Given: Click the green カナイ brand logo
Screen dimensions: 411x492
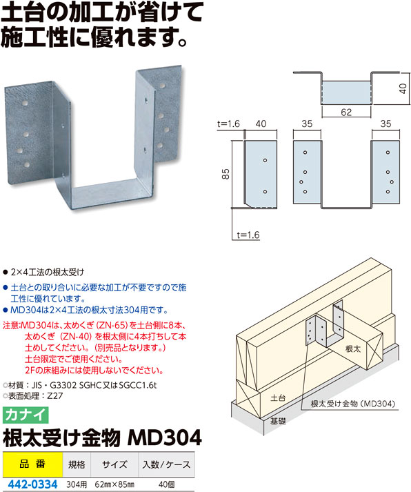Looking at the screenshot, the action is pos(26,415).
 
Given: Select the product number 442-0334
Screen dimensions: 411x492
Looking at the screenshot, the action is pos(32,484).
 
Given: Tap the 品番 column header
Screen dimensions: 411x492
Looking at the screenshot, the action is pos(32,464).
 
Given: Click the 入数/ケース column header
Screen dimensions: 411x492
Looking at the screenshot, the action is pos(166,464).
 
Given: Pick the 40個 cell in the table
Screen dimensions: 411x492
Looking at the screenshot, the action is pos(166,485).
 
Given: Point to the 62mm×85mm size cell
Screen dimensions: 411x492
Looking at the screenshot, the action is pos(114,485).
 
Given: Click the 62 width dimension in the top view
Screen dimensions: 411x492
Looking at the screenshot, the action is pos(346,112).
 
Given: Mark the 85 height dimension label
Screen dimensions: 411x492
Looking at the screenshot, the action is pos(225,173).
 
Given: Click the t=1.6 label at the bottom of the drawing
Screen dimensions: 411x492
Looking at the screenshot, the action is pos(248,235).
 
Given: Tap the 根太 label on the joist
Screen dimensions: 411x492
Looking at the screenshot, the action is pos(353,348).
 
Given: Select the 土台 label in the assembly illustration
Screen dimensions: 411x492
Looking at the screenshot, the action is pos(278,398).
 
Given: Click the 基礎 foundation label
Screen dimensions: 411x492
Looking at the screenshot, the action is pos(278,421).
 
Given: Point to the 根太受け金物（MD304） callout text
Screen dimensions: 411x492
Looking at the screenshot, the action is pos(353,404).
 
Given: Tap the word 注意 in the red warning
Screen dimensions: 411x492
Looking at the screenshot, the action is pos(11,325).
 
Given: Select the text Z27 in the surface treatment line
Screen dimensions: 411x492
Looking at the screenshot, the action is pos(55,395).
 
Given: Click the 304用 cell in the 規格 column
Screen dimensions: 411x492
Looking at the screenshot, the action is pos(77,485).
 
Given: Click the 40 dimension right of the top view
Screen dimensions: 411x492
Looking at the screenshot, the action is pos(403,88).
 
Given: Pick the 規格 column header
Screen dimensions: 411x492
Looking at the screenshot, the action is pos(77,464).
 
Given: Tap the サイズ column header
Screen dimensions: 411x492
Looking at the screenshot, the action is pos(114,464).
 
